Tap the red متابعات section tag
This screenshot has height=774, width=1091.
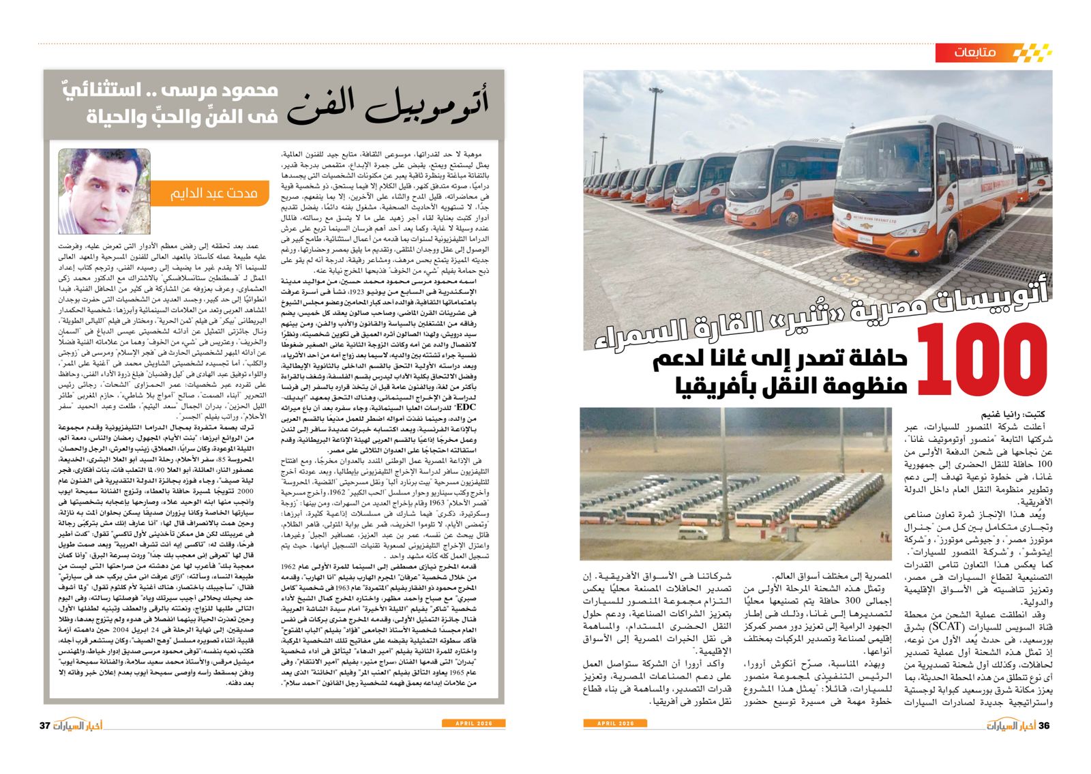coord(975,53)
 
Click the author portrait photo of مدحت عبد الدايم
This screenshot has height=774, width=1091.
coord(104,191)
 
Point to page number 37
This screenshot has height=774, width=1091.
coord(45,725)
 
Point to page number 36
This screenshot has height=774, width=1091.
coord(1044,725)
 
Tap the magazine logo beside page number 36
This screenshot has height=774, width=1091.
coord(1009,725)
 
